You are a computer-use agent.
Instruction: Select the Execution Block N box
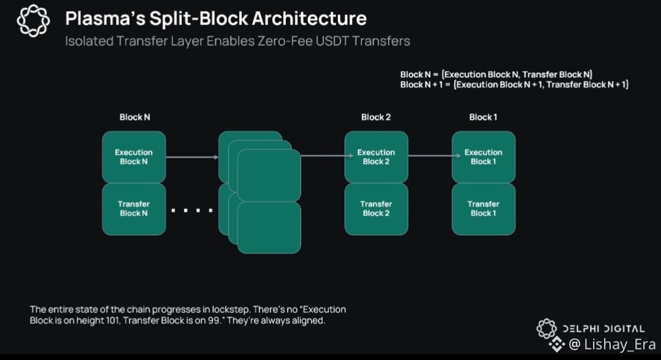coord(133,157)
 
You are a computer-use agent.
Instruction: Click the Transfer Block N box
coord(133,209)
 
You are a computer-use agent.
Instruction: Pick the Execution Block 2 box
coord(376,157)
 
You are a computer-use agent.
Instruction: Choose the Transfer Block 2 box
coord(376,209)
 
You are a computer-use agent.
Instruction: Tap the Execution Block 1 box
coord(483,157)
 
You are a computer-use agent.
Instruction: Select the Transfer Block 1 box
coord(483,209)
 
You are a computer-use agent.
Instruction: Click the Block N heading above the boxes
coord(135,117)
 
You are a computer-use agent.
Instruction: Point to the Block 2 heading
coord(376,117)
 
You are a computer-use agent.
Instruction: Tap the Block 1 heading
coord(483,117)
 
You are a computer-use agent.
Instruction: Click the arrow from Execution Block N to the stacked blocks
coord(192,157)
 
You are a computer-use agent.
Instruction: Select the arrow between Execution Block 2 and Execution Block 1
coord(430,156)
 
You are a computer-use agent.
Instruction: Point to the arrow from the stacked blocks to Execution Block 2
coord(323,156)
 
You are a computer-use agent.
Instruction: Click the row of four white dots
coord(192,211)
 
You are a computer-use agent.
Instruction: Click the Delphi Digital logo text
coord(603,329)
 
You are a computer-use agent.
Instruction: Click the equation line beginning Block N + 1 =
coord(515,84)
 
